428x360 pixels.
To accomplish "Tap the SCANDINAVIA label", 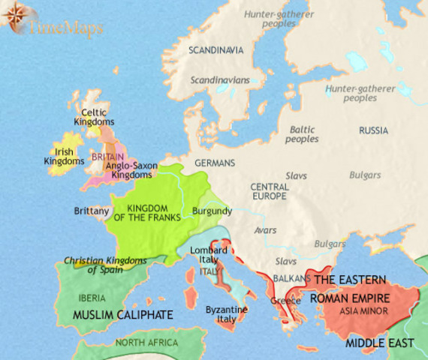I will (216, 50).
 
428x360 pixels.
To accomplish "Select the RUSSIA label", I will (373, 130).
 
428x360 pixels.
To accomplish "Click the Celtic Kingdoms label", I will (94, 116).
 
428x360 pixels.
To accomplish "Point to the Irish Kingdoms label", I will (63, 156).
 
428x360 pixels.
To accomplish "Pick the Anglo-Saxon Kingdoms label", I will (131, 169).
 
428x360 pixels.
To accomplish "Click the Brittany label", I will (92, 211).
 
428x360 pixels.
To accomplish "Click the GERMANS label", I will (215, 163).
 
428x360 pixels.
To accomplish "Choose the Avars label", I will (267, 229).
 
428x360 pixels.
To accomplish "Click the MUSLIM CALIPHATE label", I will (123, 314).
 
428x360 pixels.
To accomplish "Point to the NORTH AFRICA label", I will (147, 343).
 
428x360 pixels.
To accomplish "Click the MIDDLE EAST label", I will (380, 343).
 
